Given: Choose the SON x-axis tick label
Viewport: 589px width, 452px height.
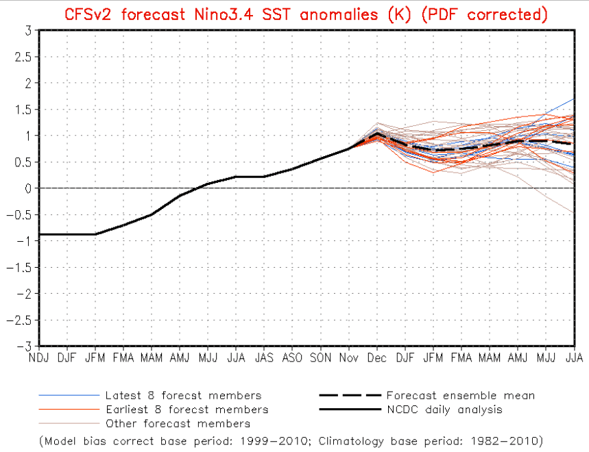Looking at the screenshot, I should tap(320, 357).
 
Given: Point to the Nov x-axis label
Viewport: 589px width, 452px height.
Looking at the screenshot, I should tap(348, 357).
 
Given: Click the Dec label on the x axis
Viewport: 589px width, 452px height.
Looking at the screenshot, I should tap(376, 357).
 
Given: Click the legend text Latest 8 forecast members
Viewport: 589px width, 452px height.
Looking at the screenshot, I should tap(183, 396).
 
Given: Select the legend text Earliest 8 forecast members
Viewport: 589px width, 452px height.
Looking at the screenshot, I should tap(187, 410).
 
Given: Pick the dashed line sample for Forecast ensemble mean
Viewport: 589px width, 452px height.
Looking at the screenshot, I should tap(350, 396).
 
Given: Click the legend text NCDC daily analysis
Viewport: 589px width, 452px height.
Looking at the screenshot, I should tap(444, 410).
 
